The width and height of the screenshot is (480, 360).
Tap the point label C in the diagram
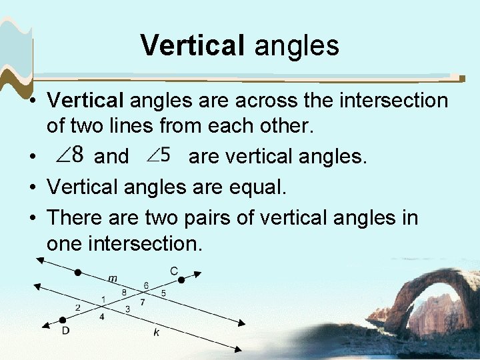(x=173, y=270)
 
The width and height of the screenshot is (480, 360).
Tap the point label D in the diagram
(x=65, y=330)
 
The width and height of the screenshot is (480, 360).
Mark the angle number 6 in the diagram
(x=146, y=286)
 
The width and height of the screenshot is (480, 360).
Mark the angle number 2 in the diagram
(x=78, y=307)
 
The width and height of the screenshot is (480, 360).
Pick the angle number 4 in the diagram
(x=102, y=317)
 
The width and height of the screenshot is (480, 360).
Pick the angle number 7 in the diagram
(x=142, y=303)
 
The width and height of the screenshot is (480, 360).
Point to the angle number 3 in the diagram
(x=127, y=308)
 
